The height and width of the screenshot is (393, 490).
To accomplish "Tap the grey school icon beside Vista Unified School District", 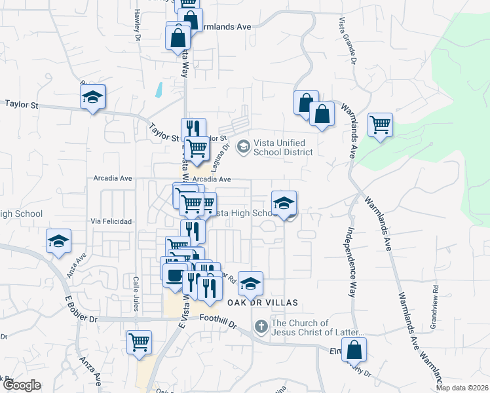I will [243, 145].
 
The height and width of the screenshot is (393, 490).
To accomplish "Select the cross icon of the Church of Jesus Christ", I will [260, 326].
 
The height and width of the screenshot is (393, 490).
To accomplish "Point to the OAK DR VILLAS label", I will [262, 303].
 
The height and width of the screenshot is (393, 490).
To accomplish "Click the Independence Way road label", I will [350, 262].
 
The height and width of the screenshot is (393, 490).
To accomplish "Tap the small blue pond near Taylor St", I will [159, 90].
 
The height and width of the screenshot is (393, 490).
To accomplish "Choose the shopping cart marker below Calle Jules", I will [139, 342].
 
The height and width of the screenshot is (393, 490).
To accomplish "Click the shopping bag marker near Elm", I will [354, 350].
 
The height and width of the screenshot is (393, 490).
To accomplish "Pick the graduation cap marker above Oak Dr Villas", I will [250, 283].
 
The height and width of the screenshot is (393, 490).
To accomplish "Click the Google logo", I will [22, 385].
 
